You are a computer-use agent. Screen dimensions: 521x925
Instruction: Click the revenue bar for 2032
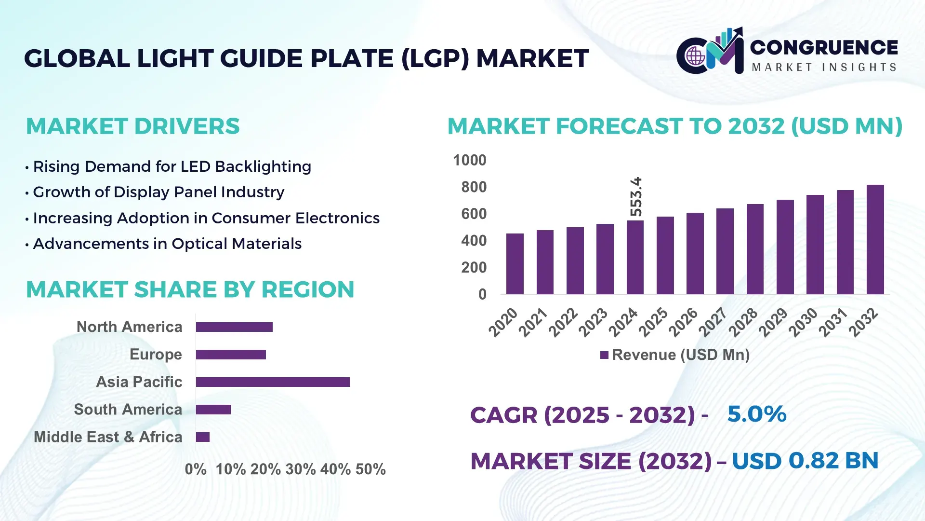(875, 240)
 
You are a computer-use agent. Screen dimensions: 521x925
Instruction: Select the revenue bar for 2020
(515, 264)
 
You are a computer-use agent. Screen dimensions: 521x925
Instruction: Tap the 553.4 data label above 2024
(636, 197)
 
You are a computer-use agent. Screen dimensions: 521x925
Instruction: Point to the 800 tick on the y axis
(474, 187)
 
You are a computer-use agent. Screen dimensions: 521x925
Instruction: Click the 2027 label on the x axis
(713, 322)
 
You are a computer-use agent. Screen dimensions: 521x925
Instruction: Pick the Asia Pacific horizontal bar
(273, 382)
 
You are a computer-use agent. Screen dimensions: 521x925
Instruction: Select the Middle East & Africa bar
(203, 437)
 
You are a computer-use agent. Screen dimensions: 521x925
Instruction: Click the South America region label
(128, 410)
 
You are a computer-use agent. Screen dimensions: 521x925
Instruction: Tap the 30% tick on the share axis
(301, 469)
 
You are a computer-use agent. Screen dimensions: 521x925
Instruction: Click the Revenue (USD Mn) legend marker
(604, 356)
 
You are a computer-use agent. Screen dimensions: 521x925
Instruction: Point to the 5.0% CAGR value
(756, 414)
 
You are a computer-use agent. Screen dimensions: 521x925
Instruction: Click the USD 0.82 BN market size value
(805, 461)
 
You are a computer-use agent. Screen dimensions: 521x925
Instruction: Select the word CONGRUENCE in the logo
(824, 47)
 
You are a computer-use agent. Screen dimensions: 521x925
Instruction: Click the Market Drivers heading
(132, 126)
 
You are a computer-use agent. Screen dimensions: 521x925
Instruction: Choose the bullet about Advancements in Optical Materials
(167, 244)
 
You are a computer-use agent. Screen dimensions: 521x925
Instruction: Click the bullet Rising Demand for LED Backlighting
(172, 167)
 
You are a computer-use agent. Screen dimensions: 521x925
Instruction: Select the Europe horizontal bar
(231, 355)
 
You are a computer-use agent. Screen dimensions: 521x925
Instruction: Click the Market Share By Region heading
(190, 290)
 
